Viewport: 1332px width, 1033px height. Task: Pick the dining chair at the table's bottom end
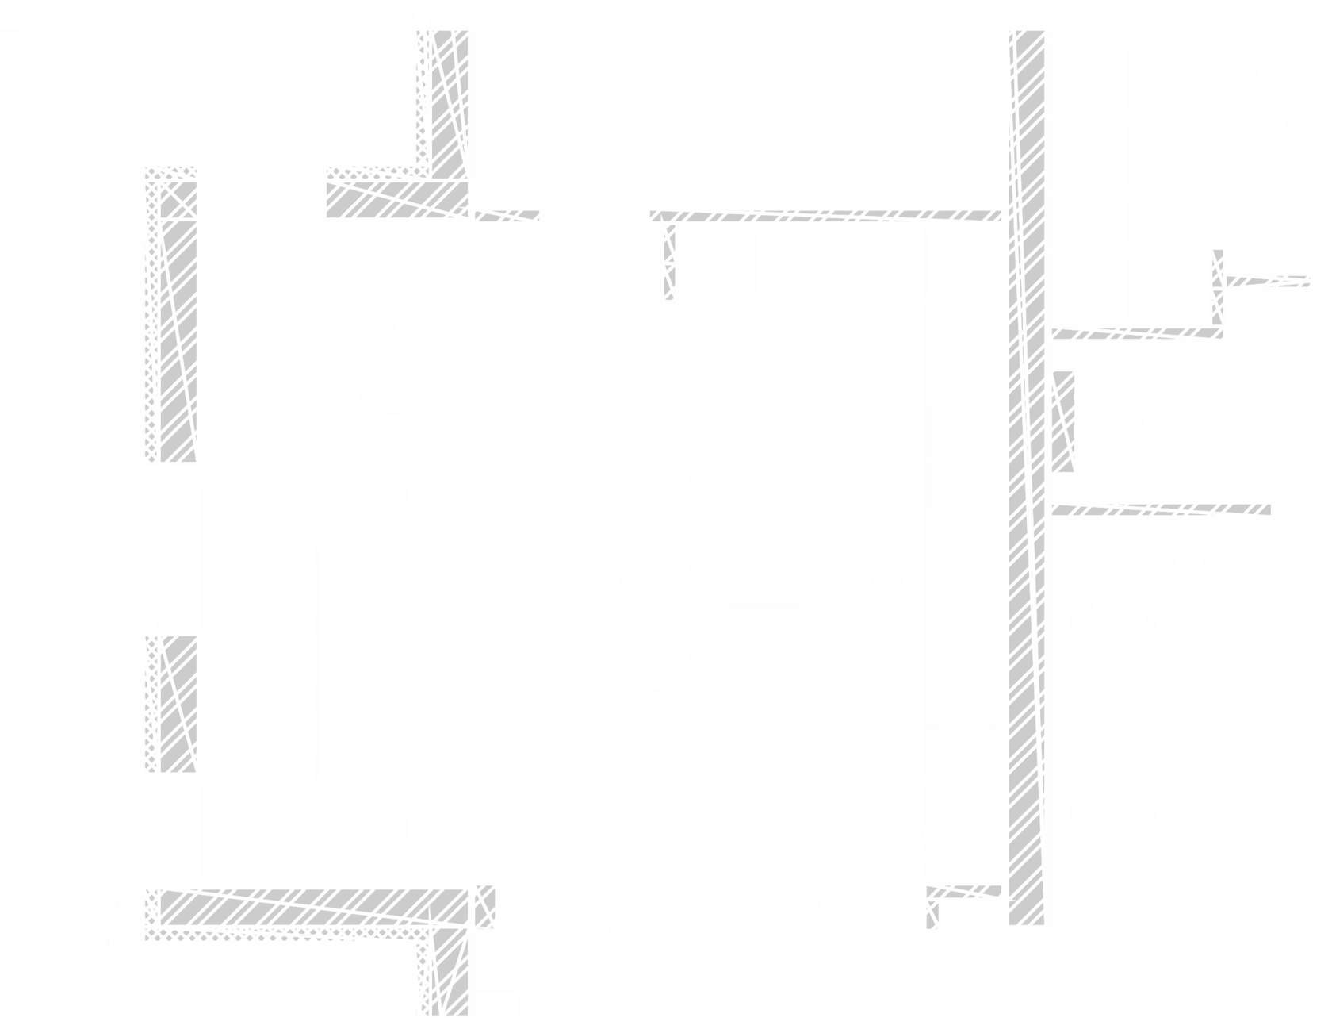pos(384,815)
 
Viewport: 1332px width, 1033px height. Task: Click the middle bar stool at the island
pos(654,568)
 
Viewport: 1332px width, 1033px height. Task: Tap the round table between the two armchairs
pos(1097,719)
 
